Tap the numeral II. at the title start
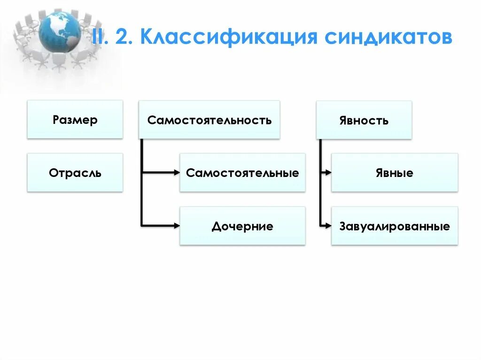(100, 37)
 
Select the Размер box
(75, 120)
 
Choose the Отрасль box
(75, 173)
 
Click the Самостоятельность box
(209, 120)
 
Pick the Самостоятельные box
(242, 173)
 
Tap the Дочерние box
(242, 226)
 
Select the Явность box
(364, 120)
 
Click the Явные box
(395, 173)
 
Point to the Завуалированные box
(395, 226)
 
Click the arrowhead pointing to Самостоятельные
(177, 173)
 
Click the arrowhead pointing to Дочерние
(177, 226)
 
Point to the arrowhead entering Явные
(328, 173)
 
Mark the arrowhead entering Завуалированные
(328, 226)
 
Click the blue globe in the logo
(59, 32)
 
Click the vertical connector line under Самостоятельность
(141, 188)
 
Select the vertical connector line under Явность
(320, 188)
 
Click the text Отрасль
(75, 173)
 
